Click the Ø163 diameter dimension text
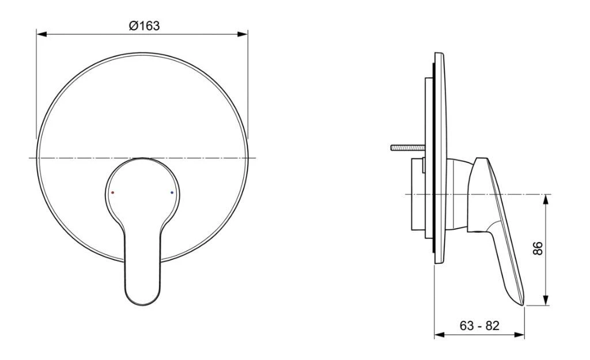click(x=144, y=25)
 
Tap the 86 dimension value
click(x=538, y=249)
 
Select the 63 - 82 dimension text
click(x=479, y=325)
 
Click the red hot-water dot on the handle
click(x=113, y=193)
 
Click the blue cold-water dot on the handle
click(x=172, y=192)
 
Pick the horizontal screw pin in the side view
click(x=407, y=148)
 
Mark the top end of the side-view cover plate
click(x=439, y=55)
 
